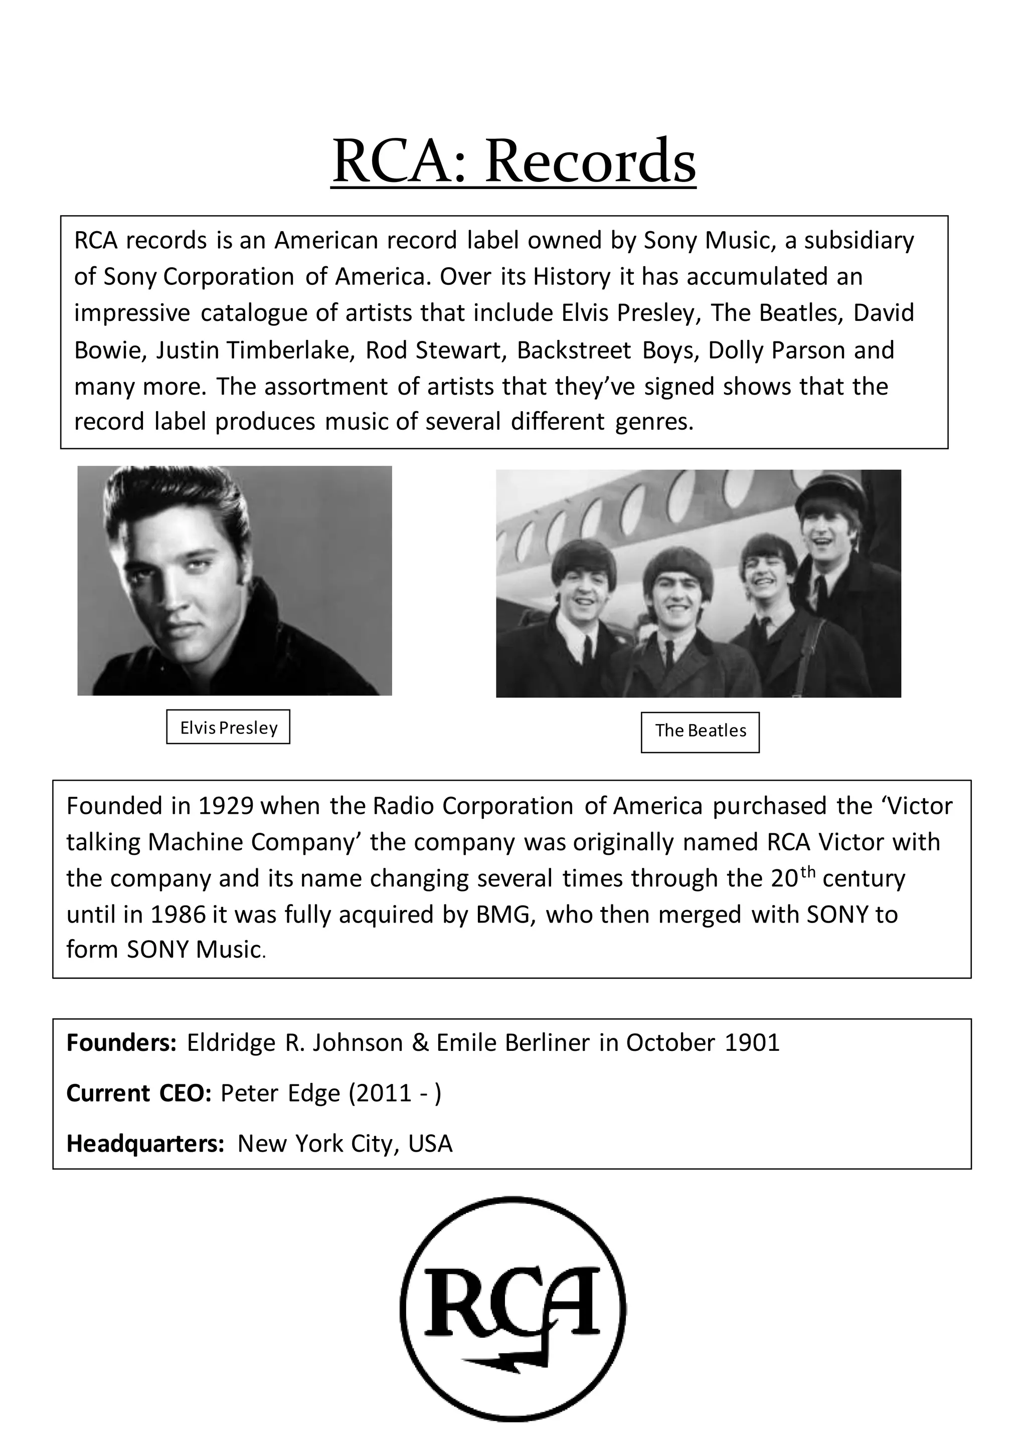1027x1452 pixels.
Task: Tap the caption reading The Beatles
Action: click(700, 731)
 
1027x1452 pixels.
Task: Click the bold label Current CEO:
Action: click(138, 1093)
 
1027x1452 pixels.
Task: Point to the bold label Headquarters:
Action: click(145, 1143)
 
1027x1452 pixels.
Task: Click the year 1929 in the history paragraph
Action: click(226, 806)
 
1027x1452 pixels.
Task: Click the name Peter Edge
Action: click(280, 1093)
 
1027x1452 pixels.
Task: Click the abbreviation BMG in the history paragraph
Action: click(501, 915)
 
